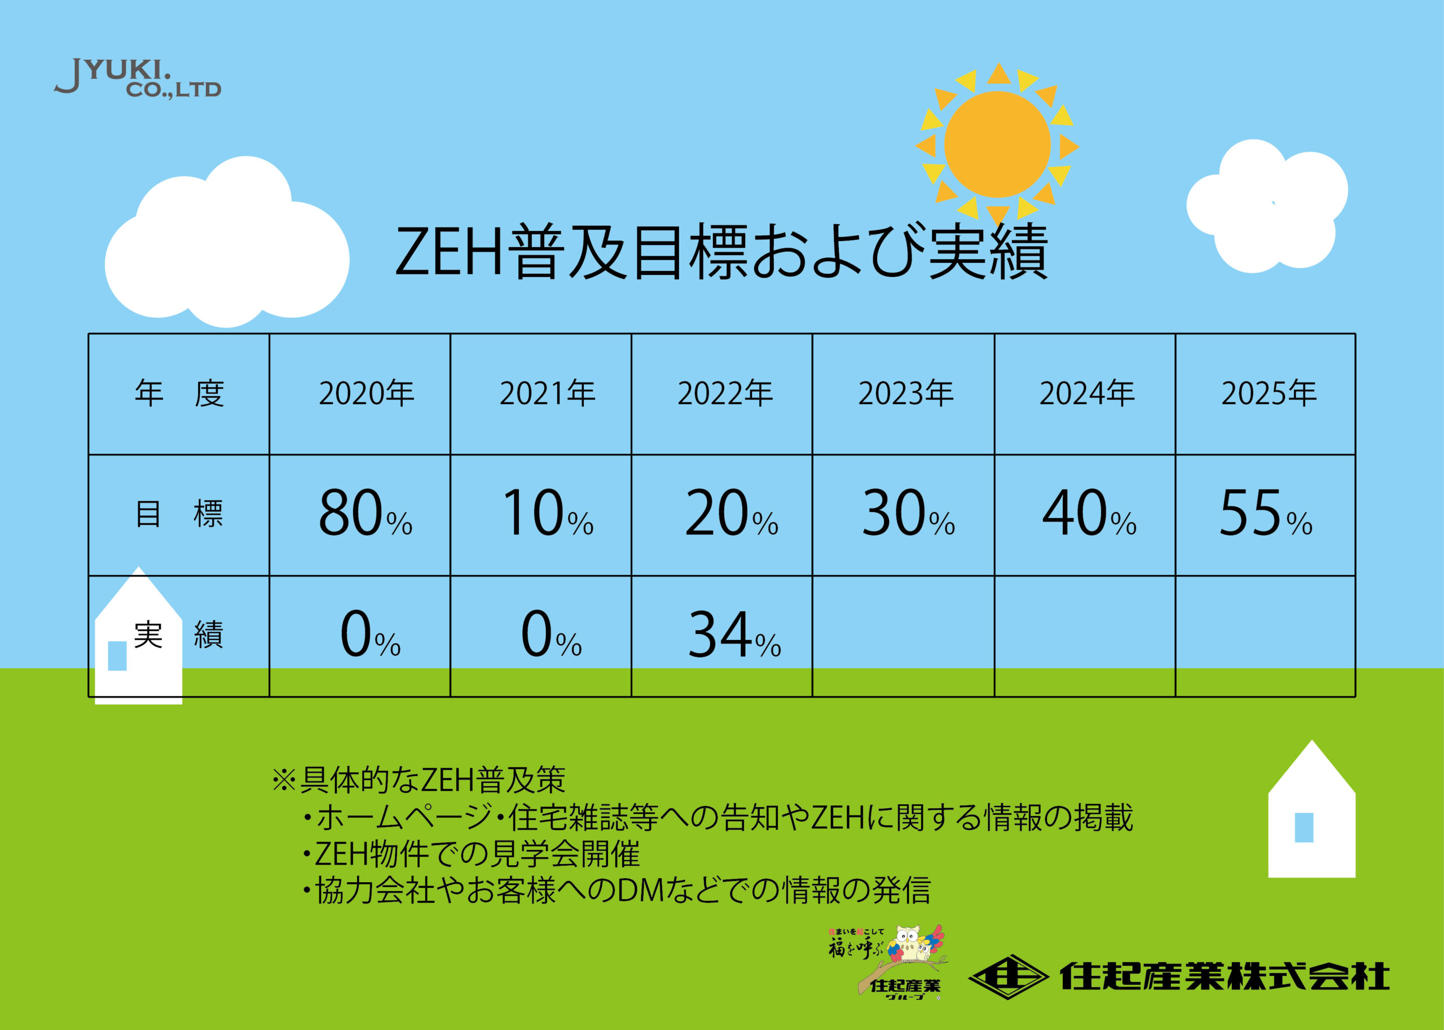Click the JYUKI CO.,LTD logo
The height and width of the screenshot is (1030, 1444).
[x=138, y=78]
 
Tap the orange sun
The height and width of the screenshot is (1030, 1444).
[x=997, y=144]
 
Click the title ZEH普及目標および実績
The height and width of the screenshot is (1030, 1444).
[x=721, y=252]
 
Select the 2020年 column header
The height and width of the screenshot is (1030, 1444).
[x=367, y=394]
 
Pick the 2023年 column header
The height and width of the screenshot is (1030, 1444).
[x=906, y=394]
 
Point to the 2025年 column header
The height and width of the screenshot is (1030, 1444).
[x=1269, y=394]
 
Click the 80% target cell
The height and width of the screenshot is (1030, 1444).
[x=365, y=513]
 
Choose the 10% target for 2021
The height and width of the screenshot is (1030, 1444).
[x=548, y=513]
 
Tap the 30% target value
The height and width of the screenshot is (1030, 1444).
[x=908, y=513]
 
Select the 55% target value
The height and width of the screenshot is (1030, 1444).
[x=1265, y=513]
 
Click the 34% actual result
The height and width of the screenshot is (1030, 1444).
[x=734, y=634]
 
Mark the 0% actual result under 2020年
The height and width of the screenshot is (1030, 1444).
[x=370, y=634]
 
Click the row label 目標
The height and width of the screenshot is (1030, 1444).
[x=179, y=514]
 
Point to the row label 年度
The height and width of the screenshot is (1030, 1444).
[x=179, y=394]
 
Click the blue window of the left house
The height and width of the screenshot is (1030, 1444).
[x=117, y=656]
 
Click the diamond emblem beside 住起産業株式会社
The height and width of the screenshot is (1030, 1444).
[x=1008, y=976]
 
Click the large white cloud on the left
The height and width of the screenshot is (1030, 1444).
[x=227, y=244]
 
